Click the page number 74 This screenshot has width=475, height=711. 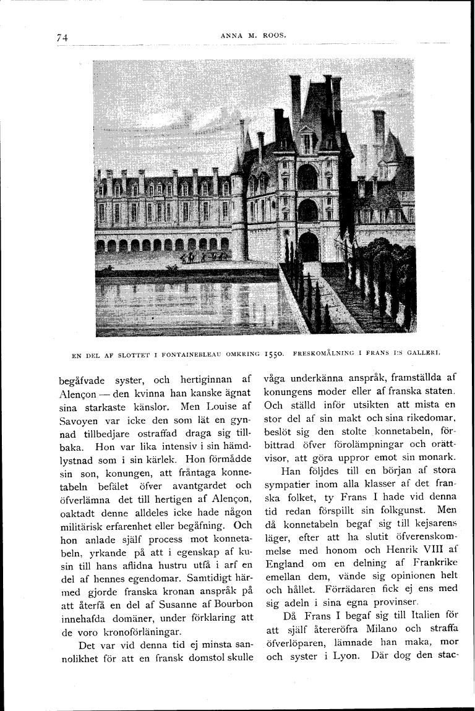point(61,38)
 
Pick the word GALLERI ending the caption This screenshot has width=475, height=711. point(422,355)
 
